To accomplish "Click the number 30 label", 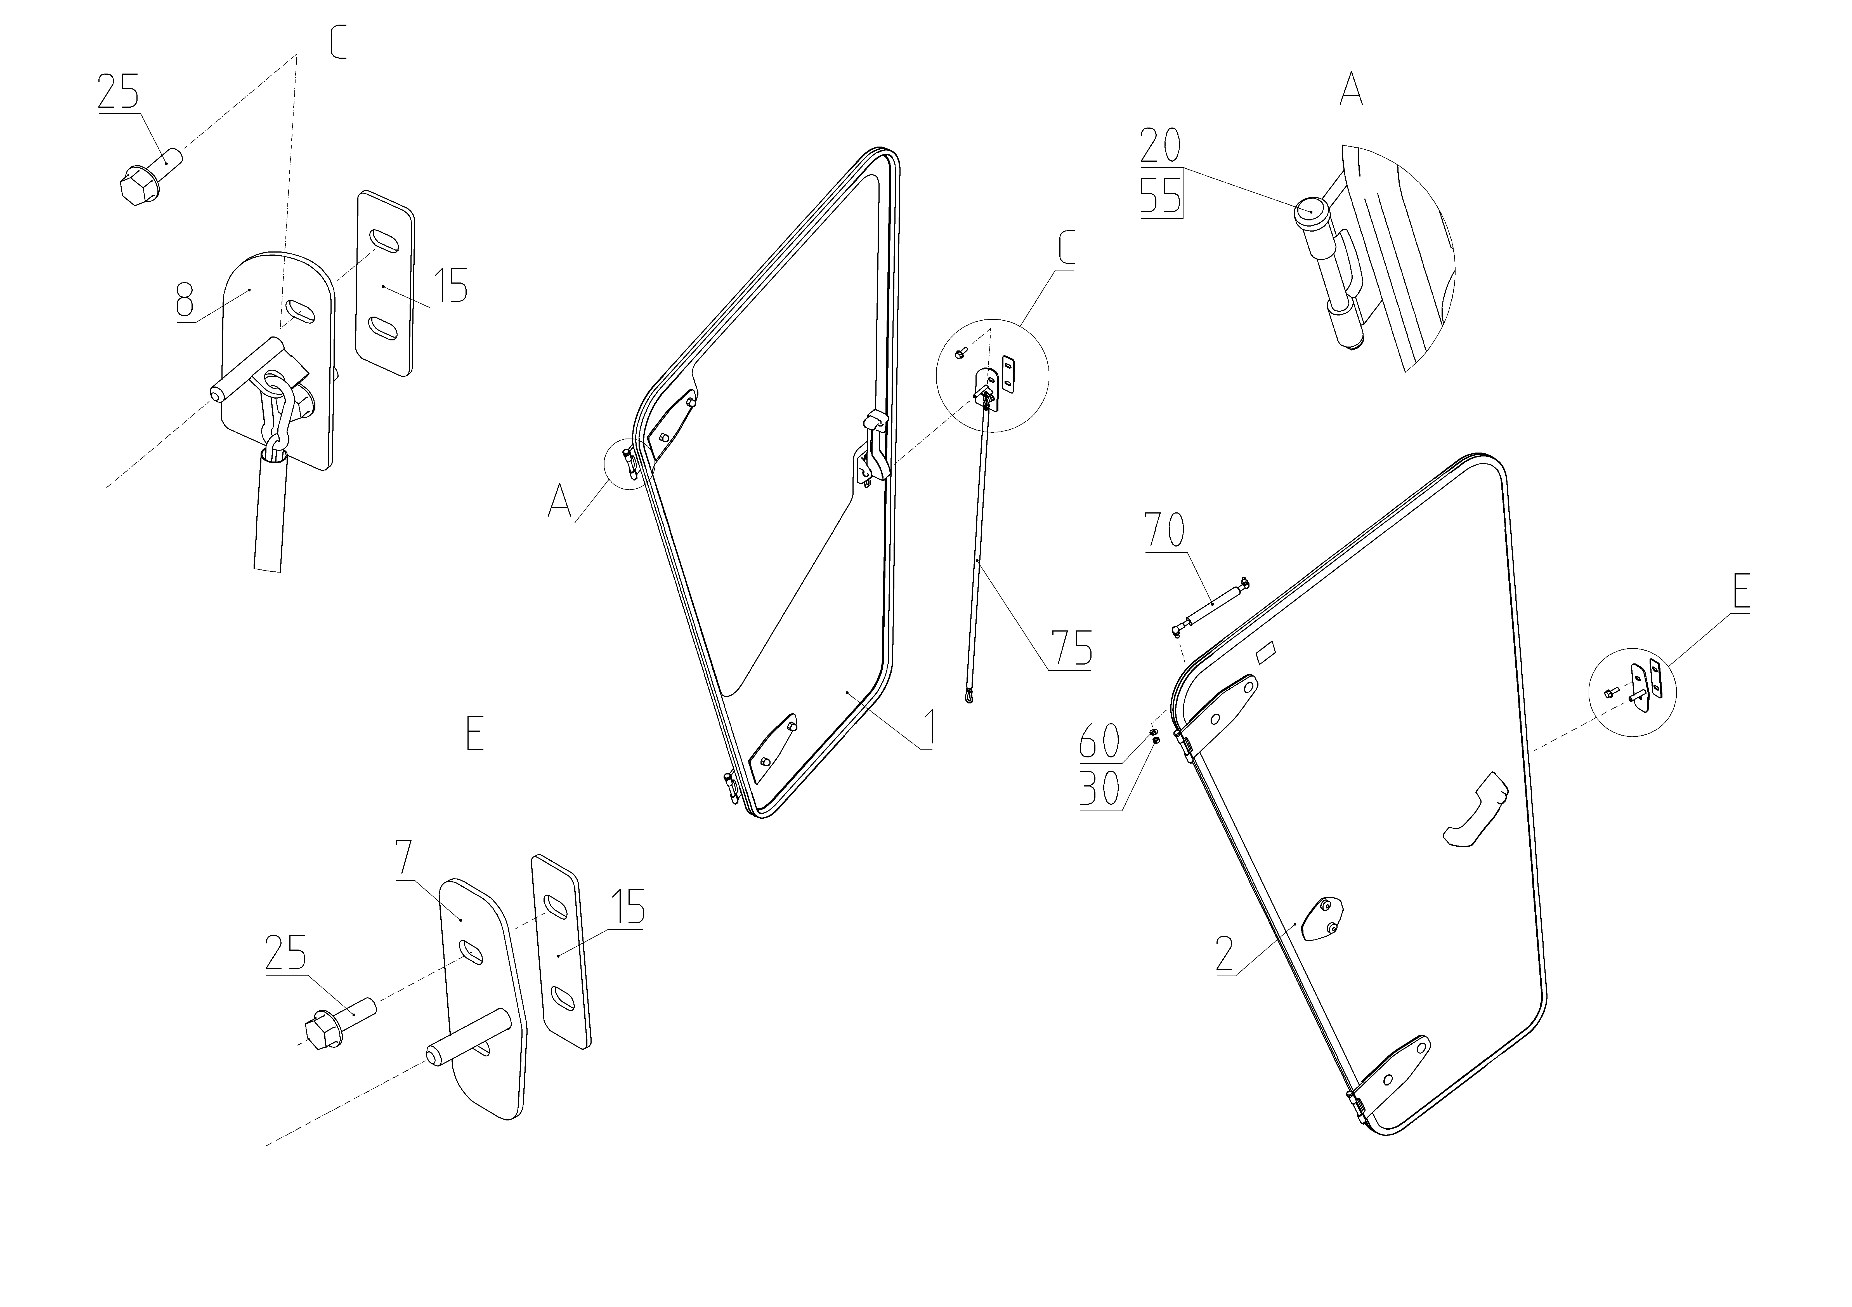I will [1099, 790].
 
